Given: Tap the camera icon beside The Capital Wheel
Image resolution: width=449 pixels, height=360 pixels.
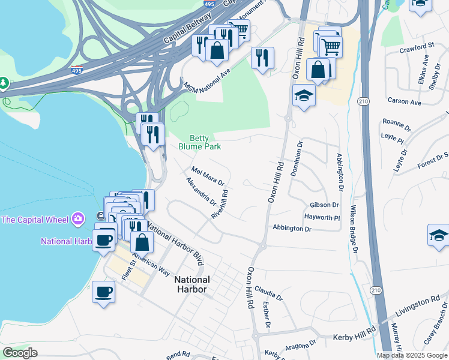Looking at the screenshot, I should click(77, 219).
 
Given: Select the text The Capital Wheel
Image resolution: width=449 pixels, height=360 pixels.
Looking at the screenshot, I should click(34, 220).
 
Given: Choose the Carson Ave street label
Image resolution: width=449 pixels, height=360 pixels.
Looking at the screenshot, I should click(404, 102).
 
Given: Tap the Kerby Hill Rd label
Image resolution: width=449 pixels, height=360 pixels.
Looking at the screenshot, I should click(354, 330).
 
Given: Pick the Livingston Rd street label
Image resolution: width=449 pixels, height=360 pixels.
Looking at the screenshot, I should click(418, 306).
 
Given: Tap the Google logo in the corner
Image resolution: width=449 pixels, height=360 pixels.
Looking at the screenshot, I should click(20, 353).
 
